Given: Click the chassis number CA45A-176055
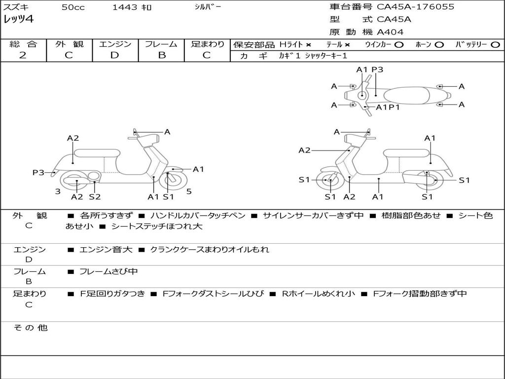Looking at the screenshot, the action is [415, 7].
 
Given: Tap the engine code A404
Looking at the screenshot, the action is [390, 32].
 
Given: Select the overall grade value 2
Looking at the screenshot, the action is [23, 55].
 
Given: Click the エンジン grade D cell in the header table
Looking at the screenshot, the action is [115, 55].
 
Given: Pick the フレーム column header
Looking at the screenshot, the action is [161, 44].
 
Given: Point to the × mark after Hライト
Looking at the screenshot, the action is [309, 45].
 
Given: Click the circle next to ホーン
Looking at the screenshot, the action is [439, 45].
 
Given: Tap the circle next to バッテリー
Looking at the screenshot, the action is [495, 45].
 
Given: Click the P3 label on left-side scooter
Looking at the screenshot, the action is [38, 172].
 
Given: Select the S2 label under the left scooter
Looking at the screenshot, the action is [95, 196].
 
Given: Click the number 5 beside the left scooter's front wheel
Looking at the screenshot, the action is [189, 191].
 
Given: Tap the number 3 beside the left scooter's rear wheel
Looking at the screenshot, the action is [58, 191].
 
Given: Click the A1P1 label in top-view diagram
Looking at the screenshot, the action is [388, 107].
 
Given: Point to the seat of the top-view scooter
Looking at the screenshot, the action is [406, 96].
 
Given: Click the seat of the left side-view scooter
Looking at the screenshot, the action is [97, 153].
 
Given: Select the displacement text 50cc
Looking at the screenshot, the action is [73, 7].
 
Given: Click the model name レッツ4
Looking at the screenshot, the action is [18, 19].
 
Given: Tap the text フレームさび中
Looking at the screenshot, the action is [108, 272].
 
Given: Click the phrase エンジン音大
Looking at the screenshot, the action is [106, 249].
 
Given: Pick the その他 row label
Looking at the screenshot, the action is [30, 328].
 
